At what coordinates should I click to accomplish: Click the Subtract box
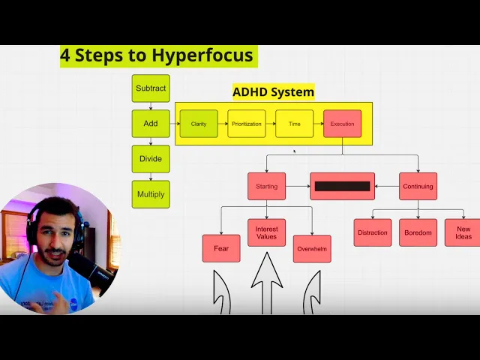[x=151, y=88]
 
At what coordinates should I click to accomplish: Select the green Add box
[x=151, y=123]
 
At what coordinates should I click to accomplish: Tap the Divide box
[x=151, y=159]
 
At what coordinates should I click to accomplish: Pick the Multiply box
[x=151, y=194]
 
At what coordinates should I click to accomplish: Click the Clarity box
[x=199, y=124]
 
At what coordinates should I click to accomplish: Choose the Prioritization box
[x=247, y=124]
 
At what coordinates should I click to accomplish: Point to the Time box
[x=294, y=124]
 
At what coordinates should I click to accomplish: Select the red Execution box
[x=342, y=124]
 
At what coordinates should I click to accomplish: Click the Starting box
[x=266, y=186]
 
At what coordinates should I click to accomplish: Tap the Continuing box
[x=418, y=186]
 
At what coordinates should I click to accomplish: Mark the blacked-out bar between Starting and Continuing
[x=342, y=186]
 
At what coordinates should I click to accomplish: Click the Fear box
[x=221, y=248]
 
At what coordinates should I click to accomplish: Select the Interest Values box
[x=266, y=232]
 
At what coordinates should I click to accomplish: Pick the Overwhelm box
[x=312, y=248]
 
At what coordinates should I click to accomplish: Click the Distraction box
[x=373, y=232]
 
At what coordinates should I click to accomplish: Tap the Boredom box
[x=418, y=232]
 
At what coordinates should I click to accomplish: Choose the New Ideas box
[x=463, y=232]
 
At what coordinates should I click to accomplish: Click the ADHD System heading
[x=273, y=92]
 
